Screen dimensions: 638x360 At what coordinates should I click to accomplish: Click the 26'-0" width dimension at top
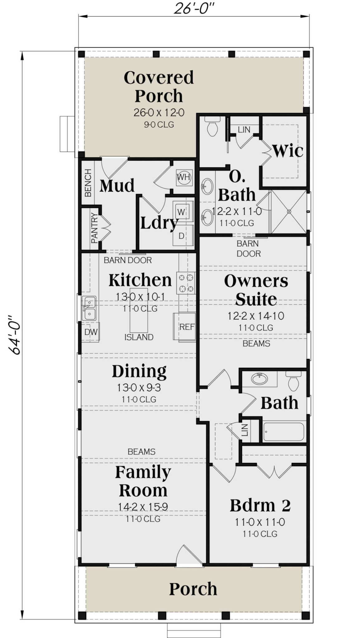click(x=194, y=8)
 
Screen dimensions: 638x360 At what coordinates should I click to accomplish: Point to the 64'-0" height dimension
click(x=15, y=335)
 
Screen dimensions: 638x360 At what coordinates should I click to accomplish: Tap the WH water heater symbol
click(x=184, y=177)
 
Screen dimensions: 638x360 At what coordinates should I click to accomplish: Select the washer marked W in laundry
click(x=181, y=212)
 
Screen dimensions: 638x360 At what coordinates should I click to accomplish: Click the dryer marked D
click(x=181, y=236)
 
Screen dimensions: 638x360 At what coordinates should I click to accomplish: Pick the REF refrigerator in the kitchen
click(x=186, y=327)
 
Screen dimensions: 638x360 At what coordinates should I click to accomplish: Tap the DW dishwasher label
click(x=91, y=332)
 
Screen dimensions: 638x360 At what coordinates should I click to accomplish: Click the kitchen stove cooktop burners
click(x=186, y=283)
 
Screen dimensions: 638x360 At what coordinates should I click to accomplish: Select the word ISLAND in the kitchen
click(x=139, y=337)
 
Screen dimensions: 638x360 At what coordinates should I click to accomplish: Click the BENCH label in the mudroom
click(x=88, y=183)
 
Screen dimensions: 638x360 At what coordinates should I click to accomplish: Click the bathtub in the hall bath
click(x=283, y=432)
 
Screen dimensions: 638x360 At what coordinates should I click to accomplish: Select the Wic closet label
click(x=288, y=151)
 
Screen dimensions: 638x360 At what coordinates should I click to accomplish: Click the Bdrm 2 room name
click(x=260, y=506)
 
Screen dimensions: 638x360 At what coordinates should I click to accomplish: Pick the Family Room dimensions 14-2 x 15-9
click(x=143, y=507)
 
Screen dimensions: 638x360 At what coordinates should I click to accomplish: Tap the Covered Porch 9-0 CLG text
click(x=159, y=125)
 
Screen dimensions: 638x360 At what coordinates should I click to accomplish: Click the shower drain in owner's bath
click(x=289, y=212)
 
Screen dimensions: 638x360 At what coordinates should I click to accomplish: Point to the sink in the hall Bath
click(x=259, y=379)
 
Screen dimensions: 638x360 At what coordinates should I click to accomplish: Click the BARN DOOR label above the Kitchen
click(x=128, y=260)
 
